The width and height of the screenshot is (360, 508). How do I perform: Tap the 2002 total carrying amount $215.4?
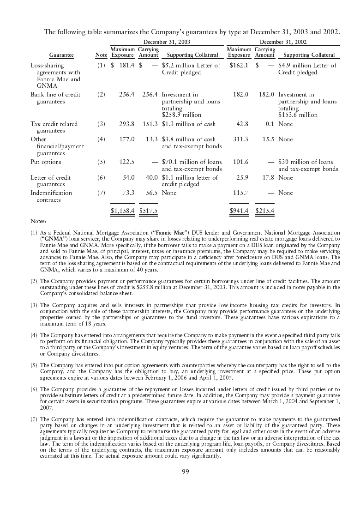point(265,211)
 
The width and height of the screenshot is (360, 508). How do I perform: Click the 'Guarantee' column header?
point(61,55)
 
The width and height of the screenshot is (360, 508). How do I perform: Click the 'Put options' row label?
point(46,162)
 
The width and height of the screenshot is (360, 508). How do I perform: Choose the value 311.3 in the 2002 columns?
point(240,139)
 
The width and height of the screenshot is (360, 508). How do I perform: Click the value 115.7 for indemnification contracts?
point(240,193)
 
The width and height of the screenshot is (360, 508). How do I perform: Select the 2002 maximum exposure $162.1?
point(239,65)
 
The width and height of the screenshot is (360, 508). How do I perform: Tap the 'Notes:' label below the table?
point(38,222)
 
